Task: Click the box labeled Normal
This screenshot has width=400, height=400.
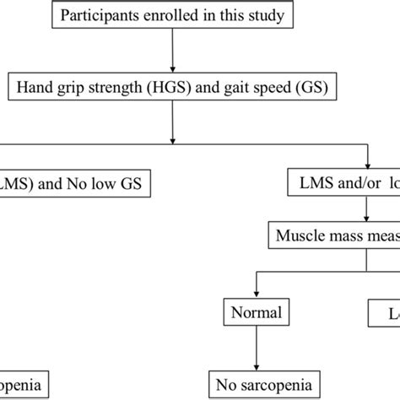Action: pos(252,314)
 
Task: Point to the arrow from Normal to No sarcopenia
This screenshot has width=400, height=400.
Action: pos(252,348)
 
